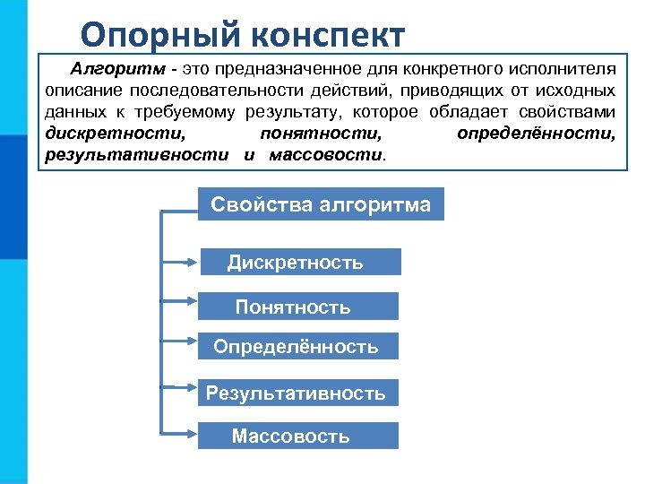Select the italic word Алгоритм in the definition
pos(108,69)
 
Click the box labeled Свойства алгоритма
pos(321,204)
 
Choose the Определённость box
pos(297,347)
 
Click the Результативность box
pos(297,393)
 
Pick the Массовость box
pos(297,436)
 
